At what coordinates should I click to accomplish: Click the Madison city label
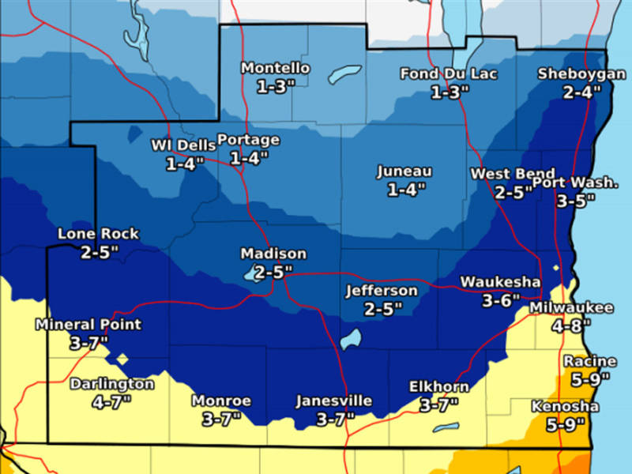click(273, 254)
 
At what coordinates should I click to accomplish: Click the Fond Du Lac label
click(449, 74)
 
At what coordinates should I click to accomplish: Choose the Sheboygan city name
click(570, 74)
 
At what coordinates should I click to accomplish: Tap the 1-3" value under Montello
click(275, 86)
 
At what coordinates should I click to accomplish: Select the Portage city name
click(248, 140)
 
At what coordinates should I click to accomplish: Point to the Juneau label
click(404, 171)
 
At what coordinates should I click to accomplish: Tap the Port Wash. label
click(574, 182)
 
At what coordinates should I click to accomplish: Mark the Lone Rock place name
click(98, 234)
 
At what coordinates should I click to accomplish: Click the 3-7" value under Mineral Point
click(88, 342)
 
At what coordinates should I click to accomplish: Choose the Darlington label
click(112, 384)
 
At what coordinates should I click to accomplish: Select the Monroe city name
click(221, 401)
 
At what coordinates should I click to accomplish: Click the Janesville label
click(333, 401)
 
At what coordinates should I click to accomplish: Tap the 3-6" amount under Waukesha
click(502, 299)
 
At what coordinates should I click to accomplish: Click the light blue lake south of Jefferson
click(351, 339)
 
